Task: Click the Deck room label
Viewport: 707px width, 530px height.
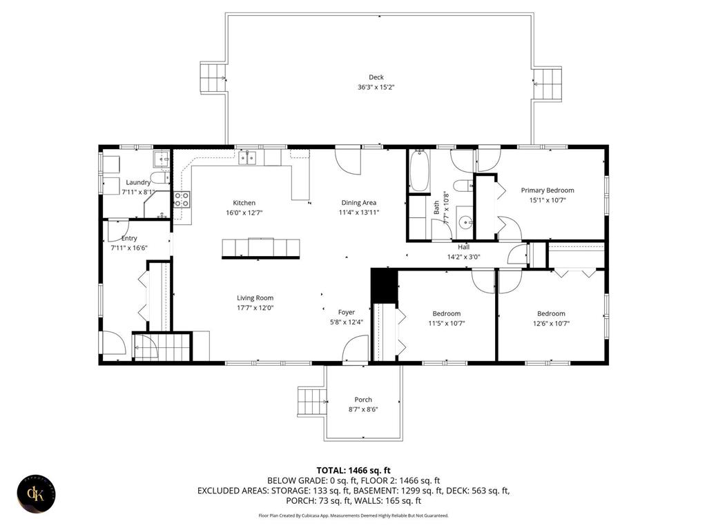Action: pos(376,77)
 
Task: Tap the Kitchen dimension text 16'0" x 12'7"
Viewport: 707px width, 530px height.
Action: pos(244,213)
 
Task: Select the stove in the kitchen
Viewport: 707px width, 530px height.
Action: pos(182,199)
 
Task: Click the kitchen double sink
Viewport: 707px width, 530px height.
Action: pos(247,158)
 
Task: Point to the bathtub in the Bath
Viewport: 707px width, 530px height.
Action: pos(419,171)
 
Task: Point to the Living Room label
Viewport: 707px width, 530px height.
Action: pos(255,298)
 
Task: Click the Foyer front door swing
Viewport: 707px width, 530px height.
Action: pos(356,348)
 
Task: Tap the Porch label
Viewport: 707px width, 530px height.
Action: pos(363,400)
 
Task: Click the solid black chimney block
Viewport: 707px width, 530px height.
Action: pos(384,285)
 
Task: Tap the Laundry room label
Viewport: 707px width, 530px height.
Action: pos(138,182)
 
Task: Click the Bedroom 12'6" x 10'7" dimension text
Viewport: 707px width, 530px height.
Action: pos(551,323)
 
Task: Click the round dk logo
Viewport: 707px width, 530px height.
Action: pos(37,493)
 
